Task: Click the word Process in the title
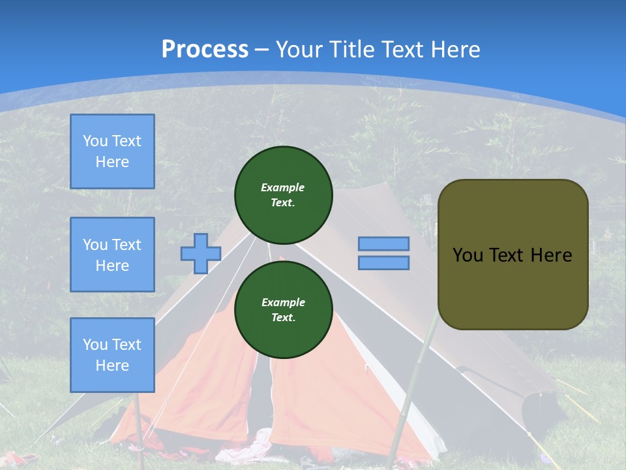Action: [x=205, y=50]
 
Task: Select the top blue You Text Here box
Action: [x=112, y=151]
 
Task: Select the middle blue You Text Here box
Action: [x=112, y=255]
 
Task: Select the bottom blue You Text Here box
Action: [x=112, y=354]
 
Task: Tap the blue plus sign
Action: [x=201, y=253]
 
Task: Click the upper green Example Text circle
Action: [x=283, y=195]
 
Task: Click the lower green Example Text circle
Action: [x=283, y=309]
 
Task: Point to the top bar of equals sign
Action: [x=384, y=243]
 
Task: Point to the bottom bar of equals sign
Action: [x=384, y=262]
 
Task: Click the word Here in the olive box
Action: [x=551, y=255]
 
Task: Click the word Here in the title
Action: [x=455, y=50]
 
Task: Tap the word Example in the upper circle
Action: [x=283, y=187]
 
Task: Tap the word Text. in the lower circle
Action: [x=283, y=318]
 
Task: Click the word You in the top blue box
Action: [x=95, y=141]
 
